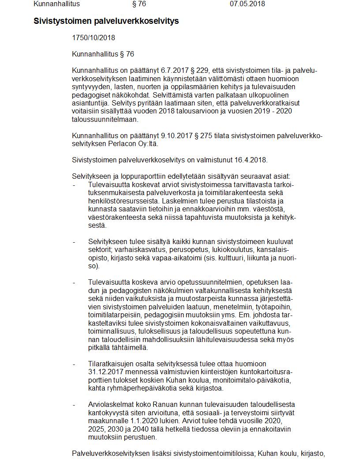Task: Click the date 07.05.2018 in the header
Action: (247, 4)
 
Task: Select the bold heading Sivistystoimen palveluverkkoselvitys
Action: (106, 21)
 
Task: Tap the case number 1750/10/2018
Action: (94, 38)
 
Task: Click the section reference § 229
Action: (201, 71)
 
